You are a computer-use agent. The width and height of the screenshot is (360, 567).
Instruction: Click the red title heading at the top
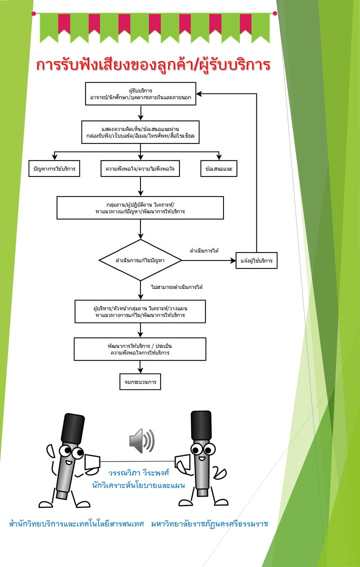(153, 65)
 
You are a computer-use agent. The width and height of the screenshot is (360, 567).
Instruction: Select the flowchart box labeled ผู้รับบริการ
(140, 93)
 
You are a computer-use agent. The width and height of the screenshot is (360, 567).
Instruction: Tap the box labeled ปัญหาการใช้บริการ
(54, 168)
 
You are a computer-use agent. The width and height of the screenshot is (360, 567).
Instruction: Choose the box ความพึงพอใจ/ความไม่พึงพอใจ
(140, 168)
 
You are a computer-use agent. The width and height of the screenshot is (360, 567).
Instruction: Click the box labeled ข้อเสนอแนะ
(218, 168)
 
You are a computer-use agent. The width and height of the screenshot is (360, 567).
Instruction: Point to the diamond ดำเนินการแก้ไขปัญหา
(140, 260)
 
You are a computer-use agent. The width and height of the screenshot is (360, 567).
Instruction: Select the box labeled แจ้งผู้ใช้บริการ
(256, 260)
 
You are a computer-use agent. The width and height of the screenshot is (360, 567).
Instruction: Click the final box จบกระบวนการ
(140, 382)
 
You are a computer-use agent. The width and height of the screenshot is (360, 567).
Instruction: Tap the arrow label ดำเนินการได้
(204, 250)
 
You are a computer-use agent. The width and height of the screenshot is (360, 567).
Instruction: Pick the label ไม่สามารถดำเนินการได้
(176, 287)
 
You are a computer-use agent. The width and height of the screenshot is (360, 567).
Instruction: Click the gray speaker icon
(141, 441)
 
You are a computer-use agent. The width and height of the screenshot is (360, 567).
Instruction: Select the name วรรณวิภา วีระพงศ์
(139, 473)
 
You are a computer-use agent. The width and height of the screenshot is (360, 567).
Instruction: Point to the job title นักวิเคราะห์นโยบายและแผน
(138, 485)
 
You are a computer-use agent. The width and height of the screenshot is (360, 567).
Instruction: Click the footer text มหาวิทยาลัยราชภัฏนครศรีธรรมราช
(209, 523)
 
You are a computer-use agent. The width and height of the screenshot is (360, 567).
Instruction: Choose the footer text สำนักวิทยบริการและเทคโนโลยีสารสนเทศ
(76, 523)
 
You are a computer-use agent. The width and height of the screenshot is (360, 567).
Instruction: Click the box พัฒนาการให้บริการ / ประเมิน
(140, 349)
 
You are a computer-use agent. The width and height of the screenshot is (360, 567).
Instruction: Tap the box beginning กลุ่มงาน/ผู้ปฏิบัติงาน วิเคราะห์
(140, 207)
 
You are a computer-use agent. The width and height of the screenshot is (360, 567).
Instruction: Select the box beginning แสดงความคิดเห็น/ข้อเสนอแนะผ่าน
(140, 132)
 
